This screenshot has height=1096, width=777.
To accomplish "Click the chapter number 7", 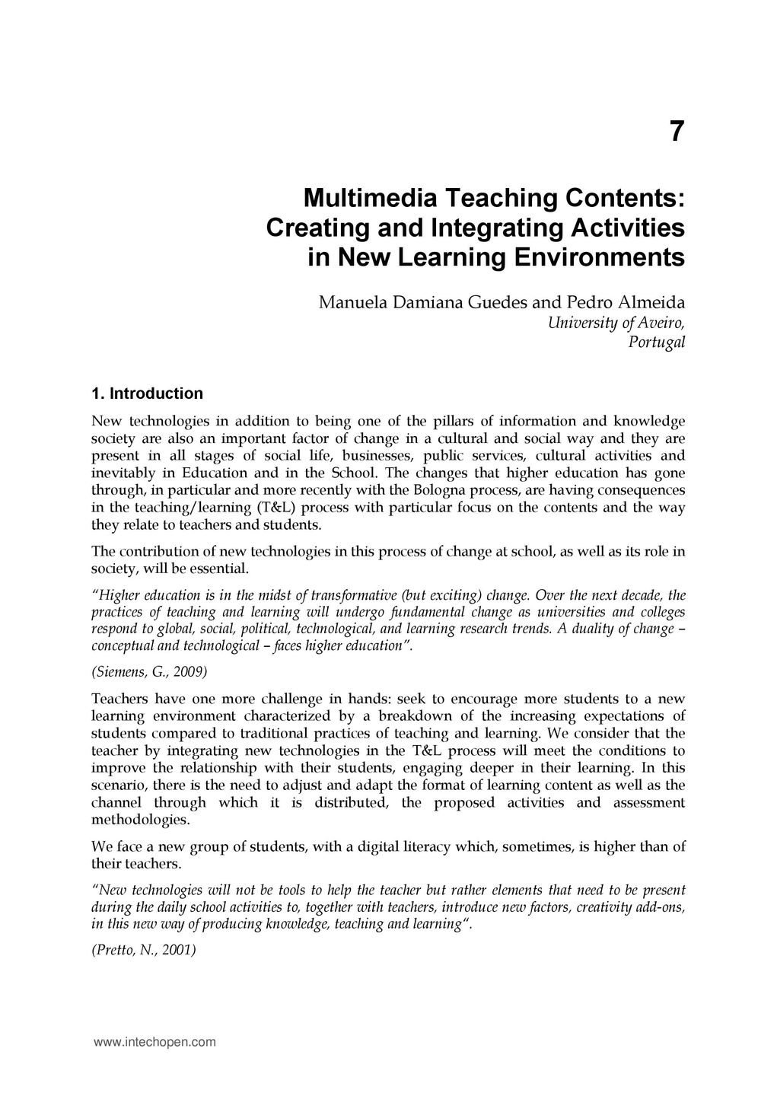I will pyautogui.click(x=677, y=132).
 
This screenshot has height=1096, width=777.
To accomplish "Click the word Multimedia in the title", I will pyautogui.click(x=369, y=199).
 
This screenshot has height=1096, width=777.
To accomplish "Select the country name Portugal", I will pyautogui.click(x=657, y=342).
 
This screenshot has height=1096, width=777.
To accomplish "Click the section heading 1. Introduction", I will pyautogui.click(x=147, y=393).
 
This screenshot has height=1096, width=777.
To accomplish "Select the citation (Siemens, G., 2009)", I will pyautogui.click(x=149, y=673).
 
